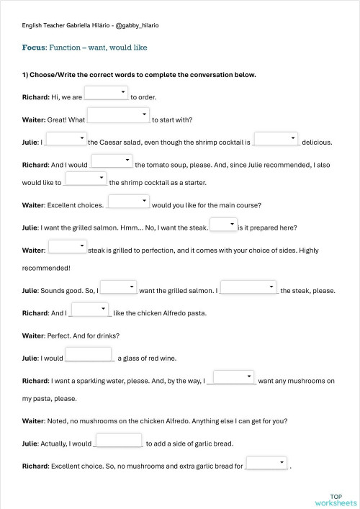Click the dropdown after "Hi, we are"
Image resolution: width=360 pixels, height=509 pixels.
point(106,93)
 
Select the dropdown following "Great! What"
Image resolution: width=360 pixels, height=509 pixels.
point(118,116)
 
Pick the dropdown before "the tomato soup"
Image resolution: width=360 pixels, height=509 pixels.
point(112,161)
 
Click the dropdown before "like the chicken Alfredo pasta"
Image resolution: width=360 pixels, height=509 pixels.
point(90,310)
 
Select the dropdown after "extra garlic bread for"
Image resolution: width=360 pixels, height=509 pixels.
point(267,464)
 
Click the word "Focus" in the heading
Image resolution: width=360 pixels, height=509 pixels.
point(34,48)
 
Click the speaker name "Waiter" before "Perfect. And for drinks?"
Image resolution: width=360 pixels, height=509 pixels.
point(33,335)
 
